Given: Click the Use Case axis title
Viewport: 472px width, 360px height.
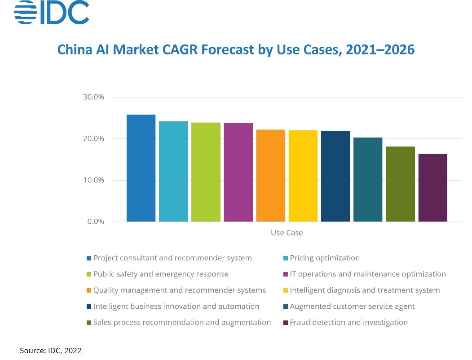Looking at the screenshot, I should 287,233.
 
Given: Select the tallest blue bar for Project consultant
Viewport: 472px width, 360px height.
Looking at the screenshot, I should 141,168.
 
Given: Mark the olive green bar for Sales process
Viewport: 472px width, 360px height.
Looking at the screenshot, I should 400,184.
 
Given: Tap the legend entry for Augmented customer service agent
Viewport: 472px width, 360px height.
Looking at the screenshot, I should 352,306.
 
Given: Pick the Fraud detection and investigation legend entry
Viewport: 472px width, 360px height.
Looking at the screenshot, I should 348,322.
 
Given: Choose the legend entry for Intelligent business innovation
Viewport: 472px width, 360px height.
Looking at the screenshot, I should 176,306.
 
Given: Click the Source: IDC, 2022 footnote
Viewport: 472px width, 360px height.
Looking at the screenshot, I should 50,350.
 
